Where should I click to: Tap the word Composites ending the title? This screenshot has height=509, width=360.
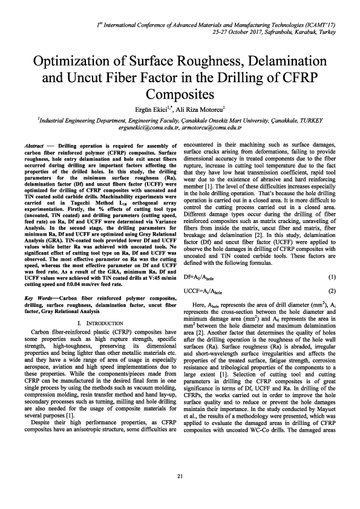180,94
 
